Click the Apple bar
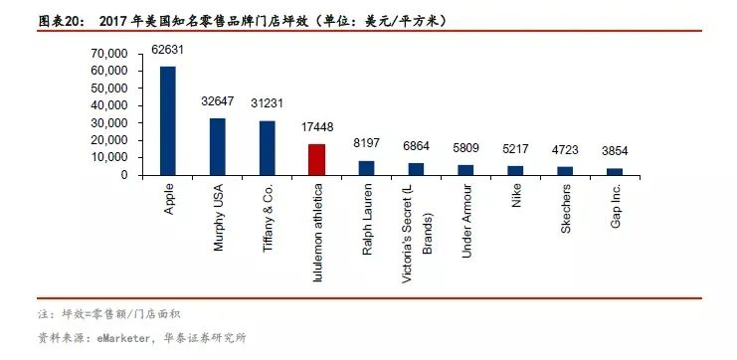pyautogui.click(x=168, y=120)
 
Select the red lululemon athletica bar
pyautogui.click(x=316, y=159)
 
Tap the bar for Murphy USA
pyautogui.click(x=217, y=146)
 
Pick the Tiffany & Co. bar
pyautogui.click(x=267, y=147)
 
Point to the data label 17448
pyautogui.click(x=317, y=128)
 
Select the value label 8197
pyautogui.click(x=366, y=145)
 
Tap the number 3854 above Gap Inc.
pyautogui.click(x=615, y=151)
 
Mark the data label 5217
pyautogui.click(x=515, y=149)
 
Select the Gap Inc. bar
pyautogui.click(x=615, y=171)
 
